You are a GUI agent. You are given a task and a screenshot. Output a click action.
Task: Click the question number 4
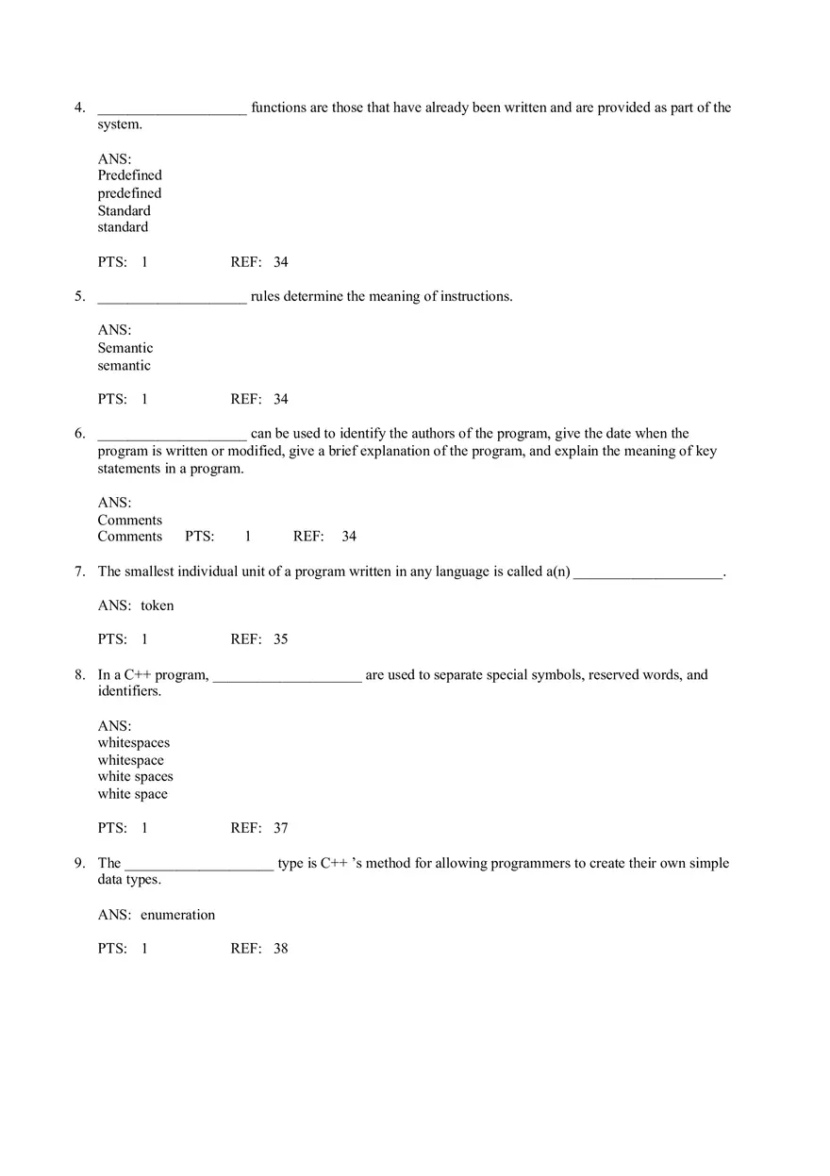tap(80, 108)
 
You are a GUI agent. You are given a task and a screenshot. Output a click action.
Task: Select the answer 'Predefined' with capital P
tap(129, 175)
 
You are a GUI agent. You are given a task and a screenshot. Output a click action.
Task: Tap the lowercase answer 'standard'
tap(123, 227)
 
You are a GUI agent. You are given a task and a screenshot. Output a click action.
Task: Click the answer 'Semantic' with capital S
tap(124, 348)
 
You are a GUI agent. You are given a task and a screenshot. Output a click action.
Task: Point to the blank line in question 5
tap(172, 297)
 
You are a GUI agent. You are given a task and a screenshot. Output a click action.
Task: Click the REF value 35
tap(280, 639)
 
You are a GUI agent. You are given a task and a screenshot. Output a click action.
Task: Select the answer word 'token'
tap(157, 605)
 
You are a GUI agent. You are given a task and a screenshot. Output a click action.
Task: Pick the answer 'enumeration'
tap(177, 915)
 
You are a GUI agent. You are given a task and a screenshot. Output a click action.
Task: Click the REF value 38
tap(280, 949)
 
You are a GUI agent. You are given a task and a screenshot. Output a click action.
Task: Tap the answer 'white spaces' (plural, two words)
tap(135, 777)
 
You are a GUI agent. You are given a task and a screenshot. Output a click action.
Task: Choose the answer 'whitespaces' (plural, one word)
tap(133, 743)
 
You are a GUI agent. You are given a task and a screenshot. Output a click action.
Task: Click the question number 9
tap(80, 863)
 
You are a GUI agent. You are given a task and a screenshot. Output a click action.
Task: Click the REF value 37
tap(280, 828)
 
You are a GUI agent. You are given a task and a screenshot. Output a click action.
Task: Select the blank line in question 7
tap(648, 572)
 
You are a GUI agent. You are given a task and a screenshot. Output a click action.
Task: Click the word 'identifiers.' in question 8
tap(129, 691)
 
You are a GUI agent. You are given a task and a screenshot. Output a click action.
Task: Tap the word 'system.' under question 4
tap(120, 124)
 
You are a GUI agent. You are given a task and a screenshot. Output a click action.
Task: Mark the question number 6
tap(80, 434)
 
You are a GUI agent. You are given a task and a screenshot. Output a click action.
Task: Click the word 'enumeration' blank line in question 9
tap(199, 864)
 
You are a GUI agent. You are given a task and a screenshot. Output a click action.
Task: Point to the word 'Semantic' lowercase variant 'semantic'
tap(124, 366)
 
